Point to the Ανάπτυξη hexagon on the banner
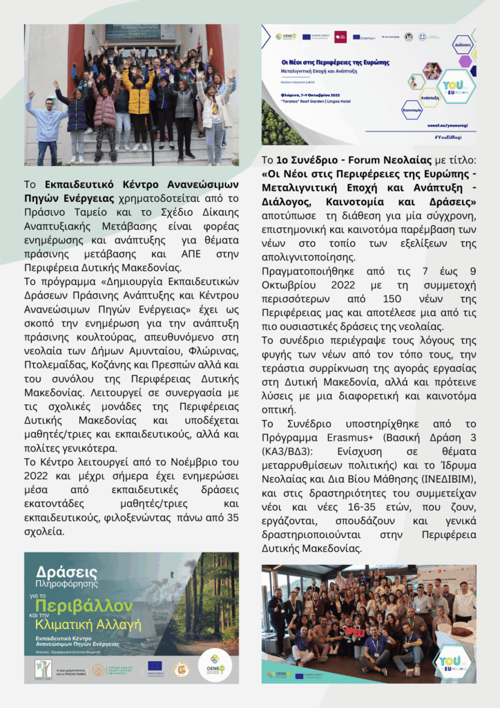click(x=430, y=97)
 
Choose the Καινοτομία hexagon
click(x=412, y=110)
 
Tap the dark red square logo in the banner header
click(x=340, y=36)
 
